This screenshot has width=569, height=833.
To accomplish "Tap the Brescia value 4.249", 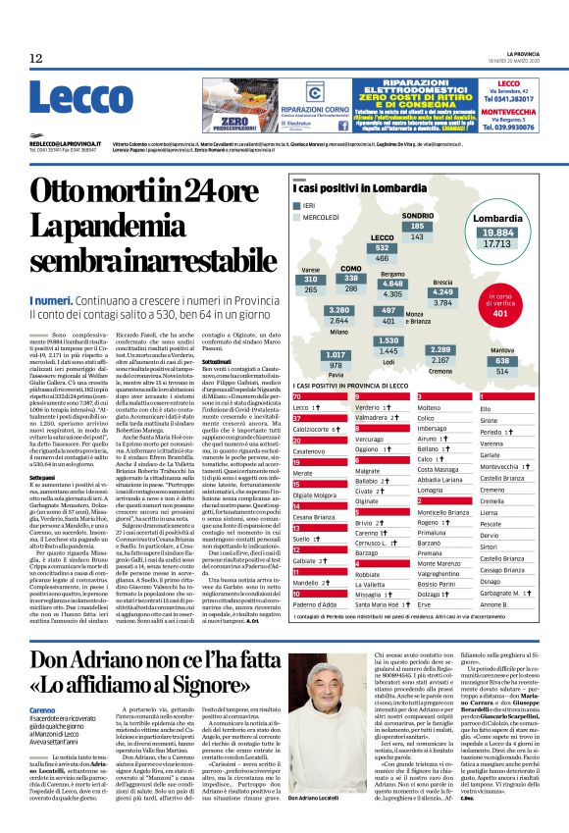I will point(442,292).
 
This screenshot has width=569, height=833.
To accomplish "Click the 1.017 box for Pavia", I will point(336,354).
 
